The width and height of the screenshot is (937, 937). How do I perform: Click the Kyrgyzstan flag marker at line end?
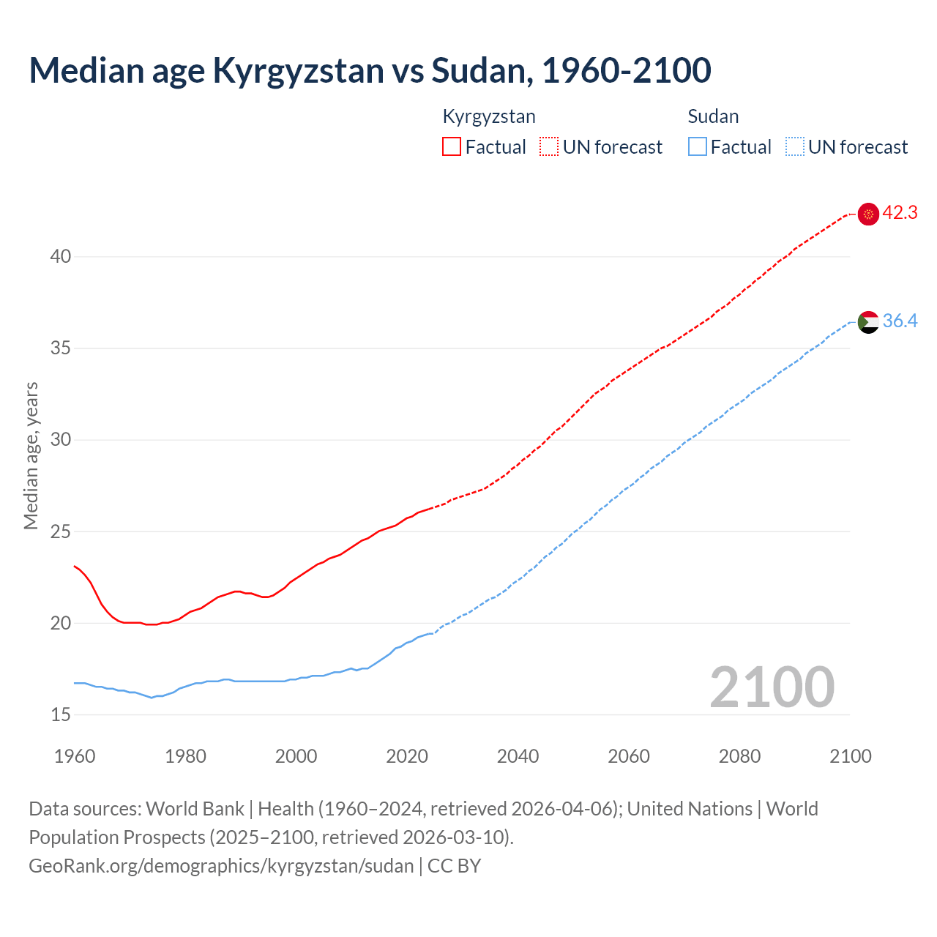(867, 214)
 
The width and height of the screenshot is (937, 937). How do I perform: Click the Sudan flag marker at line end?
(867, 321)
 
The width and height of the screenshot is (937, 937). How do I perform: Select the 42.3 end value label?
(900, 213)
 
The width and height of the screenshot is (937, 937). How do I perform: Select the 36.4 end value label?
(900, 321)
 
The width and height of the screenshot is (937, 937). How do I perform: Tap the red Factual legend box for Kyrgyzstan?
(452, 147)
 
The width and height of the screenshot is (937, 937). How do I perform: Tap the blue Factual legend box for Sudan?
(697, 147)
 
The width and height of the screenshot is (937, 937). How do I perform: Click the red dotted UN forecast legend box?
(549, 147)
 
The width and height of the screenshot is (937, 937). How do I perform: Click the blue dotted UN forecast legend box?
(794, 147)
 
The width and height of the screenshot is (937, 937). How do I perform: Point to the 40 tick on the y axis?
(61, 256)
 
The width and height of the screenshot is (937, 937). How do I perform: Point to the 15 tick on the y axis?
(61, 714)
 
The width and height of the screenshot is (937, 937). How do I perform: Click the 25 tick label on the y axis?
(61, 531)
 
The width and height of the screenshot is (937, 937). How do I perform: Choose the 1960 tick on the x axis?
(75, 756)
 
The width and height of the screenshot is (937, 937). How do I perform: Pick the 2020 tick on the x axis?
(407, 756)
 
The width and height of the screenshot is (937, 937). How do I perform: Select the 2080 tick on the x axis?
(739, 756)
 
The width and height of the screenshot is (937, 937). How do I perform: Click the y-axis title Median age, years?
(31, 455)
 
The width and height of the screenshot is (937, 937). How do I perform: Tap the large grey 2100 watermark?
(772, 687)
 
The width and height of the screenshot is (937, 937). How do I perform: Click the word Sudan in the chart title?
(477, 70)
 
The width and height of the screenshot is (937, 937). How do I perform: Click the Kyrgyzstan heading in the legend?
(489, 116)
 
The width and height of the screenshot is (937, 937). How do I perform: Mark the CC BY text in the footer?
(454, 866)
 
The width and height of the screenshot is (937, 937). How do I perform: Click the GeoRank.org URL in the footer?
(221, 866)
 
